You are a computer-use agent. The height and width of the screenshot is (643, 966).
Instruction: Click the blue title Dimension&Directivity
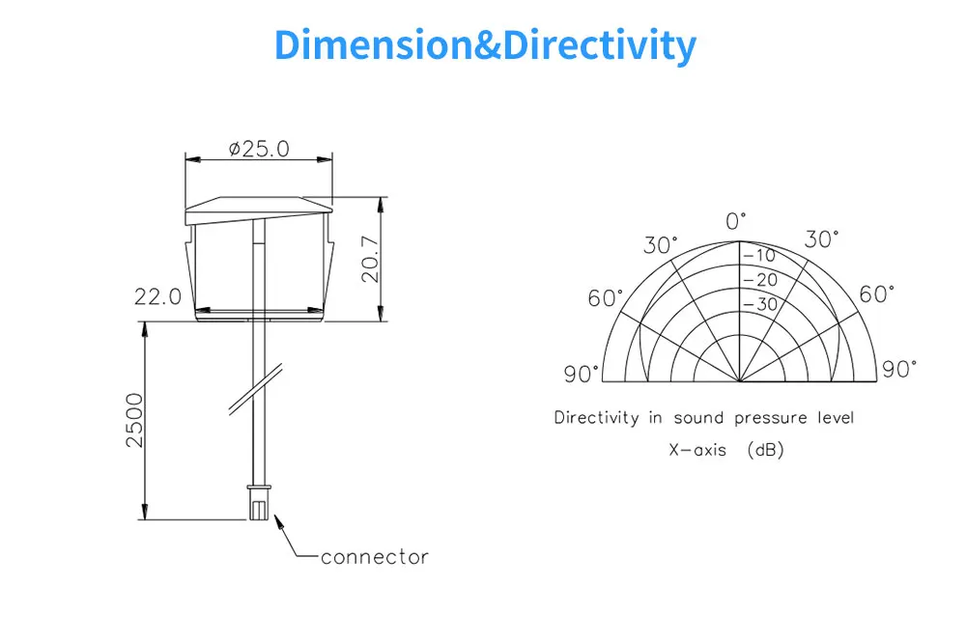pos(484,45)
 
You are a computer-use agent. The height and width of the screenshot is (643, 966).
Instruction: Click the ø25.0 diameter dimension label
pos(258,149)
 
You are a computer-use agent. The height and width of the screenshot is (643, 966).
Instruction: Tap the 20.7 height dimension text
pos(371,259)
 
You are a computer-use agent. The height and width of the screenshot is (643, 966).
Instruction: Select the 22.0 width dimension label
pos(157,297)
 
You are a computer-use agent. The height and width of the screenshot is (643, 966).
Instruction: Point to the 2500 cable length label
pos(134,420)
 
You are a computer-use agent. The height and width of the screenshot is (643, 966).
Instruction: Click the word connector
pos(374,557)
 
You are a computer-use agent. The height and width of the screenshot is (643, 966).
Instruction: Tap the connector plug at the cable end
pos(258,503)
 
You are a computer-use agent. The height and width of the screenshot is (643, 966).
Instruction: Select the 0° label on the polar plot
pos(737,221)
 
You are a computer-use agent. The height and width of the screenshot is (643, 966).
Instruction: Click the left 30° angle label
pos(661,245)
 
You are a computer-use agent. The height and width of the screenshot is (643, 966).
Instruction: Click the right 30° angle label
pos(821,239)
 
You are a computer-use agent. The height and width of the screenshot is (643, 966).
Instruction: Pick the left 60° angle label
pos(606,298)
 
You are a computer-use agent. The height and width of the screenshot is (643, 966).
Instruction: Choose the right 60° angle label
pos(877,294)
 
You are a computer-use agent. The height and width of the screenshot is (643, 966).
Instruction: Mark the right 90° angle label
pos(899,369)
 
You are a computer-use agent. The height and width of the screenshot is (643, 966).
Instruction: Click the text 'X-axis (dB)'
pos(725,451)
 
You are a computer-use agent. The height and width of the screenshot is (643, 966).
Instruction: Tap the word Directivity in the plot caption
pos(596,418)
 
